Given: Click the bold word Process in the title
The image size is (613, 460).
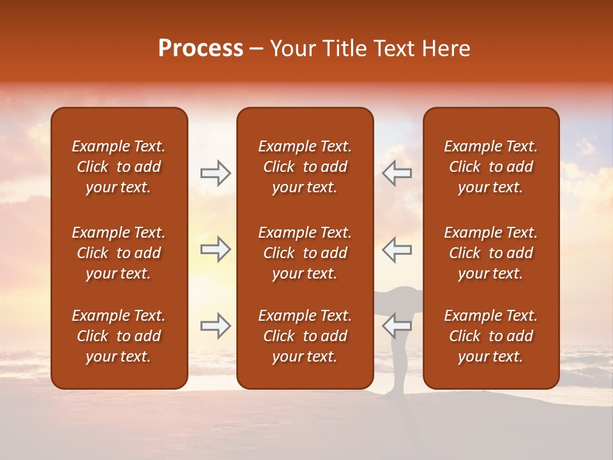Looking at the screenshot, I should [201, 49].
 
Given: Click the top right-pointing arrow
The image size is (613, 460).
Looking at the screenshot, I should [216, 172].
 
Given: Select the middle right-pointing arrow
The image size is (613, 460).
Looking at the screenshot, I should [216, 249].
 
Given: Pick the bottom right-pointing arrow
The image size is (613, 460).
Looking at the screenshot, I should [216, 326].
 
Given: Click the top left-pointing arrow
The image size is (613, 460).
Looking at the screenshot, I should [397, 172].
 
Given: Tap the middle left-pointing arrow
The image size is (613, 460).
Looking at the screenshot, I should [397, 249].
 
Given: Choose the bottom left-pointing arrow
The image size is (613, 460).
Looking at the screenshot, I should [397, 326].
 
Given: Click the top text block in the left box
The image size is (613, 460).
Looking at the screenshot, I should [119, 167].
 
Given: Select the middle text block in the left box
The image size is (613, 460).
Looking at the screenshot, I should [119, 253].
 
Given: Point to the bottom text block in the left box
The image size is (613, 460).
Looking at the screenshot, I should [119, 336].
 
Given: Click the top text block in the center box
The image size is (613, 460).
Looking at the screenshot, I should [305, 167].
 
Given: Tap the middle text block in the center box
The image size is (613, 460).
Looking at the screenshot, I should [305, 253].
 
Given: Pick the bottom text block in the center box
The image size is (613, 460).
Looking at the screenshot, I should [305, 336].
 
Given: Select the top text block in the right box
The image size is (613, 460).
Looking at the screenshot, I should [490, 167].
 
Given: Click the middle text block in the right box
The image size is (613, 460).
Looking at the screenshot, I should [490, 253].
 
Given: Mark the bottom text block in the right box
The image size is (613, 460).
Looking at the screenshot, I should [490, 336].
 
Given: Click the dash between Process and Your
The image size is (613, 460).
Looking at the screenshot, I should [257, 49].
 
